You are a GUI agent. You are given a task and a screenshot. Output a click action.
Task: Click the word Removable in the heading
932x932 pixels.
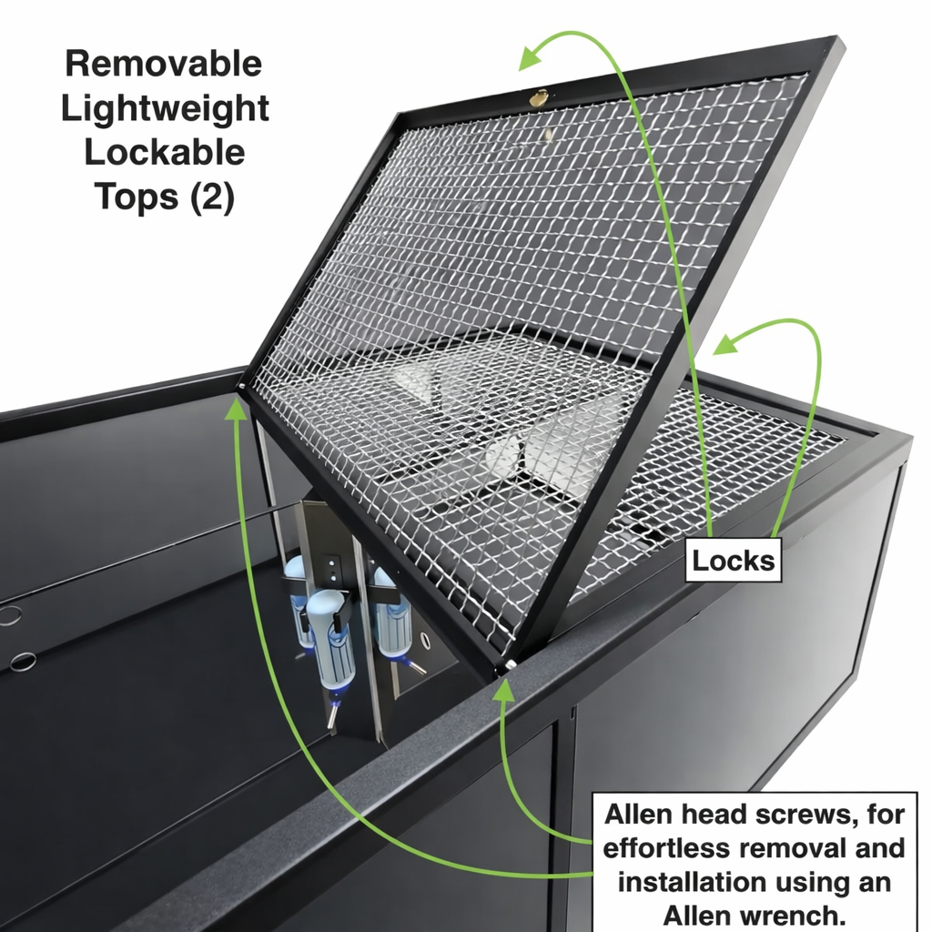[163, 64]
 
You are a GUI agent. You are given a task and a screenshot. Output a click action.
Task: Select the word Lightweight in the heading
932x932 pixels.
[165, 108]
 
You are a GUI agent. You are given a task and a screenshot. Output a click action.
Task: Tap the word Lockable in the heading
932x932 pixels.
[165, 152]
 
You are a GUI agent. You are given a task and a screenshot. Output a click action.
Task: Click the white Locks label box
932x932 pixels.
[734, 561]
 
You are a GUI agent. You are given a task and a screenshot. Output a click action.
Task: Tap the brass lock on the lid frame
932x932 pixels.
[539, 97]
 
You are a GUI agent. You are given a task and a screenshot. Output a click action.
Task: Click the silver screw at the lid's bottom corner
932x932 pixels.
[512, 665]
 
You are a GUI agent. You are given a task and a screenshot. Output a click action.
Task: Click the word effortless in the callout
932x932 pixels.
[667, 847]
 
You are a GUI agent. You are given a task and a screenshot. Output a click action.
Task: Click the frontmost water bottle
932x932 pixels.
[333, 643]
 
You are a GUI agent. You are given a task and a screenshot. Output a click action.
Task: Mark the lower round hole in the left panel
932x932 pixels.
[23, 662]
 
